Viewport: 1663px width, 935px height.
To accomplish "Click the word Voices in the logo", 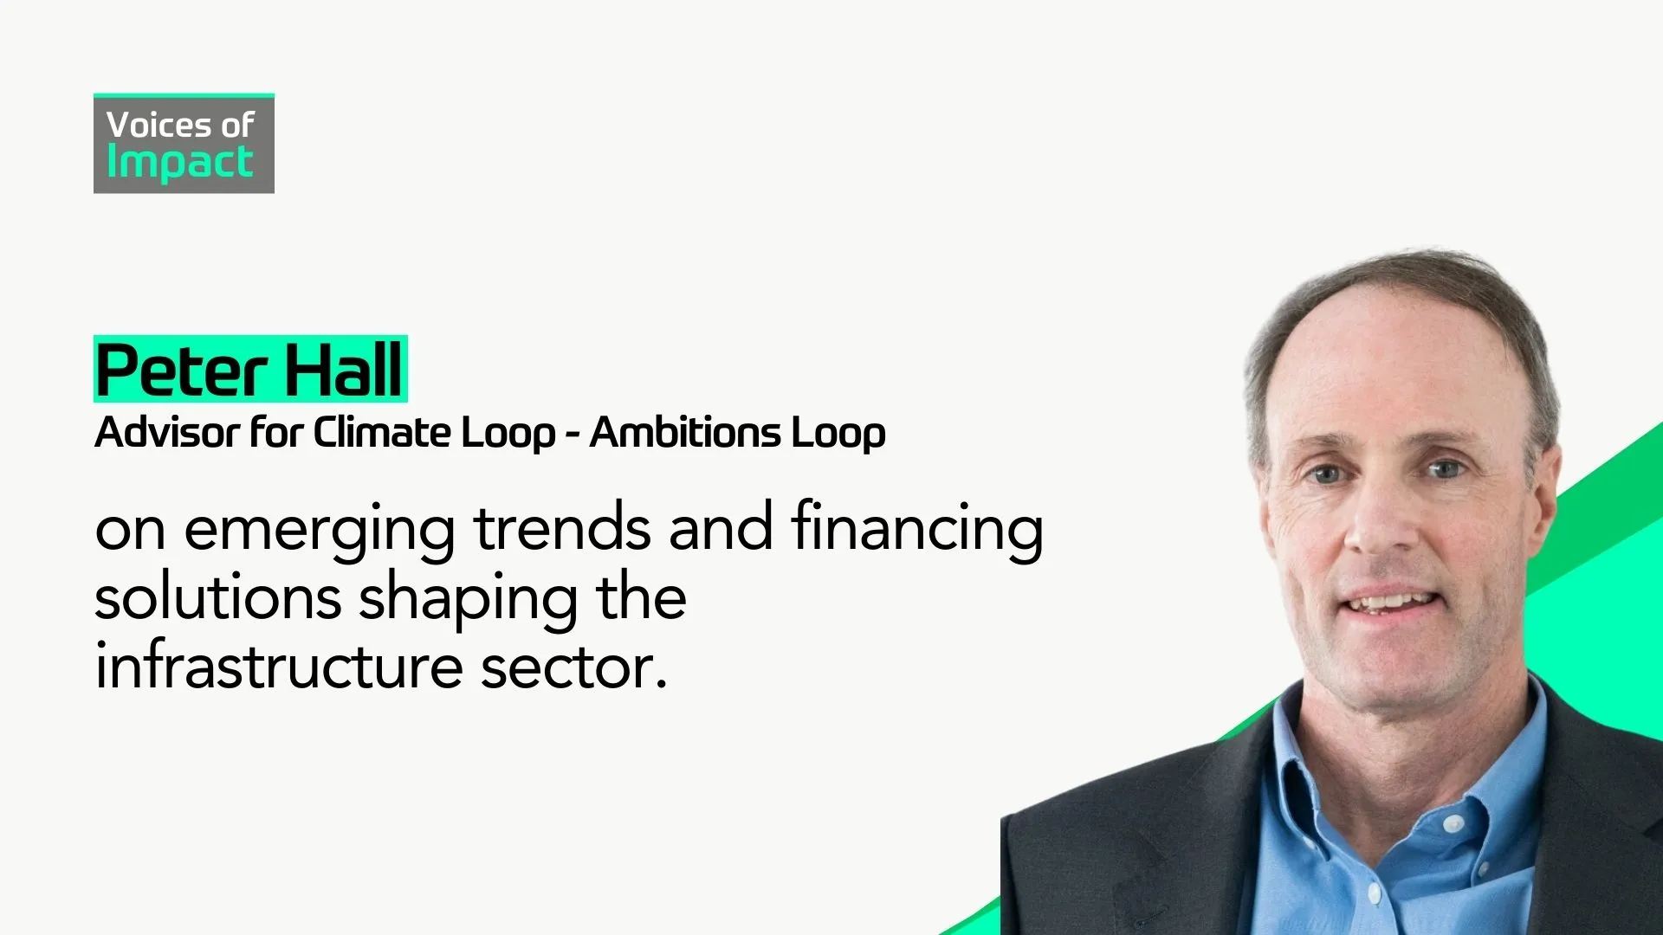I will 159,126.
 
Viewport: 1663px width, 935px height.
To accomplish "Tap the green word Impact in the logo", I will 179,163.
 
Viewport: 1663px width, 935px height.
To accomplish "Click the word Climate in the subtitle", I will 381,432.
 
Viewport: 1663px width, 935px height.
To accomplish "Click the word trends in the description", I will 562,528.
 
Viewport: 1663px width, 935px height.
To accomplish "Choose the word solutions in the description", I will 217,598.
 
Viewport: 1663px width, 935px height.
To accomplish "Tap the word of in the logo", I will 236,126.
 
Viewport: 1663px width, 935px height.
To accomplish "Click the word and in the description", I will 721,528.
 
